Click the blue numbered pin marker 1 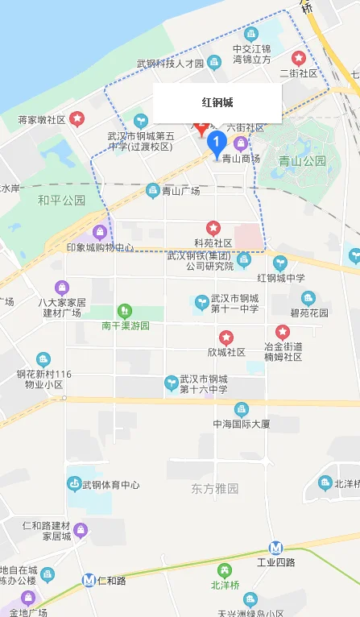coord(216,143)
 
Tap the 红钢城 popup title coord(217,102)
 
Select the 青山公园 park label coord(302,160)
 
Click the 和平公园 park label coord(61,200)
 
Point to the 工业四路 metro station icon coord(276,546)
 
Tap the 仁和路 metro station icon coord(89,580)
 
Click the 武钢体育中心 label coord(111,485)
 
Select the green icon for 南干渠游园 coord(124,310)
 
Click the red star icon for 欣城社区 coord(226,337)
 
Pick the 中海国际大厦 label coord(242,424)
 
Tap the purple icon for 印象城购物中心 coord(100,233)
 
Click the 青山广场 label coord(180,191)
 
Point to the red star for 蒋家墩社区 coord(77,119)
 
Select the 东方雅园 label coord(215,489)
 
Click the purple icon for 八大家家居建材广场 coord(62,288)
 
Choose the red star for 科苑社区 coord(213,228)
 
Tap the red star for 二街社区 coord(299,58)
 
